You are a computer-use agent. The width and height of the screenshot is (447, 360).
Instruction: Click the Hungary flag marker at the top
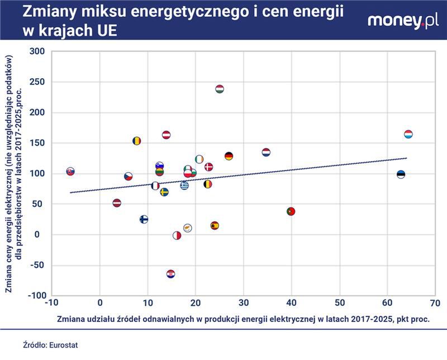coord(220,89)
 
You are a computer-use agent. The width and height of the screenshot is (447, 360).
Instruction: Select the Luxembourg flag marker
coord(408,134)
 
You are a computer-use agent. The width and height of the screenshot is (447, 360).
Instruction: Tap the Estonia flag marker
coord(401,174)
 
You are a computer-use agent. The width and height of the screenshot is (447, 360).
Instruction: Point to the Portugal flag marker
coord(291,212)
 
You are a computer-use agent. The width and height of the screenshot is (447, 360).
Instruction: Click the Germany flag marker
coord(229,156)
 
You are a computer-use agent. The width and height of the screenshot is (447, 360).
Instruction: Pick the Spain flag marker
coord(215,226)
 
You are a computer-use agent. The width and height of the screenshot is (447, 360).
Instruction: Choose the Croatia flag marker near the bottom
coord(171,274)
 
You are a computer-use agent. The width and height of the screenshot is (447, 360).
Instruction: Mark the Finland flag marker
coord(144,219)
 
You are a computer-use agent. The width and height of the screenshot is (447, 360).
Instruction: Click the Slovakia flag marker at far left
coord(70,171)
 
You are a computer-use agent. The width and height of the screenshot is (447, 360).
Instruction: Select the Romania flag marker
coord(137,141)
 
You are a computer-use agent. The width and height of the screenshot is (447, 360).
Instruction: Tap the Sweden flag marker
coord(164,192)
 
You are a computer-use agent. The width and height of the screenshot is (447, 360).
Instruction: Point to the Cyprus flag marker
coord(188,228)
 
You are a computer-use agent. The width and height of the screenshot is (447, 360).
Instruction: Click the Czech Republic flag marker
coord(129,177)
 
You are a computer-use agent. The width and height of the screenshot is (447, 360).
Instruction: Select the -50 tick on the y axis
coord(37,265)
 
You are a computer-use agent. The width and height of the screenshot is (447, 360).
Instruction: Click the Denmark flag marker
coord(209,167)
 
